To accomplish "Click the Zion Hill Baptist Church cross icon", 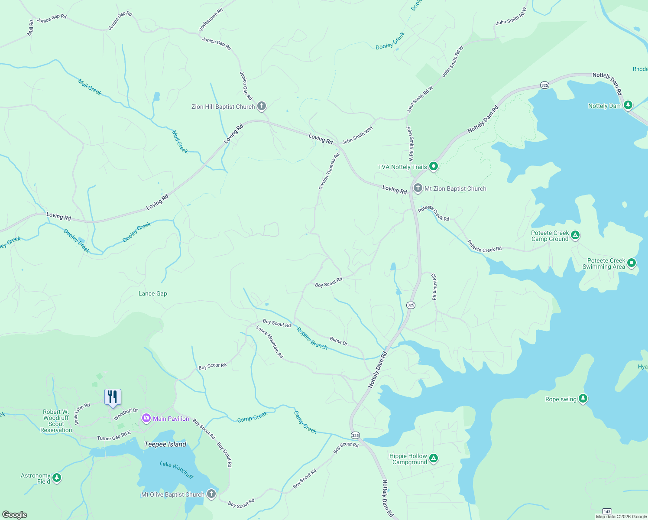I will tap(262, 106).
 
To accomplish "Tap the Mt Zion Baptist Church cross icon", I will tap(418, 188).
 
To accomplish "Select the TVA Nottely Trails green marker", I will tap(433, 166).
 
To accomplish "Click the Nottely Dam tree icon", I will tap(628, 105).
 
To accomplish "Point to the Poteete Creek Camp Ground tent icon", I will tap(575, 235).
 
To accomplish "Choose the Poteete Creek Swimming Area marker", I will tap(632, 263).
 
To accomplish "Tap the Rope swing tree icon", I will tap(583, 399).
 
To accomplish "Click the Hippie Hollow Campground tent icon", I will tap(434, 458).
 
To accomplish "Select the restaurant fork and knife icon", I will tap(113, 396).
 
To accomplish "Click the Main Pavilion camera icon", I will tap(146, 418).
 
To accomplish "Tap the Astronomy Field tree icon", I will tap(57, 478).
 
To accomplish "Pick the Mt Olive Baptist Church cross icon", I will tap(211, 494).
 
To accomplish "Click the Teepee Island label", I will tap(165, 444).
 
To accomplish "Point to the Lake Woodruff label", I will tap(176, 470).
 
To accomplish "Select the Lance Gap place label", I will tap(152, 293).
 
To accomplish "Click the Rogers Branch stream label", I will tap(312, 338).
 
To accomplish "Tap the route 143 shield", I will tap(607, 512).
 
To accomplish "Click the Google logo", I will tap(15, 514).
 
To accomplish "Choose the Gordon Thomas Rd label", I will tap(329, 171).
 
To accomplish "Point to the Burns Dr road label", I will tap(338, 341).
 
